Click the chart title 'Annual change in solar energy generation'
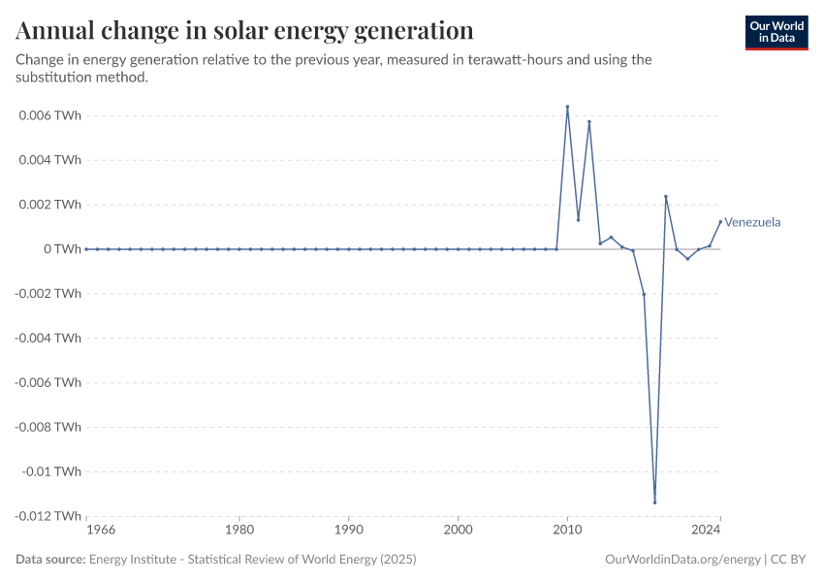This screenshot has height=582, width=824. coord(244,31)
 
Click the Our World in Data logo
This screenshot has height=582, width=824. coord(776,32)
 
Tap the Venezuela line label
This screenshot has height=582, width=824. coord(753,222)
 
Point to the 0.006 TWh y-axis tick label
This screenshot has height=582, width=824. coord(48,115)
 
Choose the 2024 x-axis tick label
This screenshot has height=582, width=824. coord(707,530)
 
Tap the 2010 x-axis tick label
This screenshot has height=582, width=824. coord(567,530)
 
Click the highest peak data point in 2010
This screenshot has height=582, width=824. coord(567,107)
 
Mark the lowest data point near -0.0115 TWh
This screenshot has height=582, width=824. coord(655,502)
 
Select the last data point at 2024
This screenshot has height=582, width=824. coord(720,221)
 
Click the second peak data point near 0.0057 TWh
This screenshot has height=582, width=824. coord(589,122)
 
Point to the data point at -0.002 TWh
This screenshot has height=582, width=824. coord(644,294)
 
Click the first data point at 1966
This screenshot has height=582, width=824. coord(86,249)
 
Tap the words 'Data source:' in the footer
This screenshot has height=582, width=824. coord(50,560)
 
